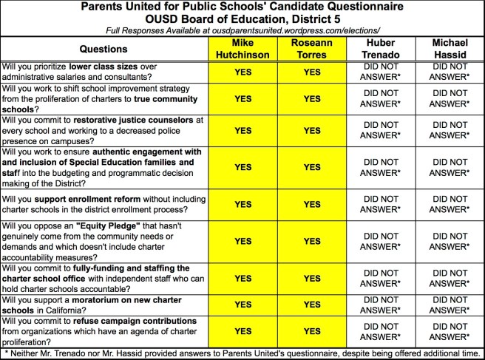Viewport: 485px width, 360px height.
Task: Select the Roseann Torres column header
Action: tap(311, 49)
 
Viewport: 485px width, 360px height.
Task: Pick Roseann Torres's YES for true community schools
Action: tap(311, 98)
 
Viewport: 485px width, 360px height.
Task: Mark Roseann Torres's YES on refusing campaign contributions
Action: tap(311, 331)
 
